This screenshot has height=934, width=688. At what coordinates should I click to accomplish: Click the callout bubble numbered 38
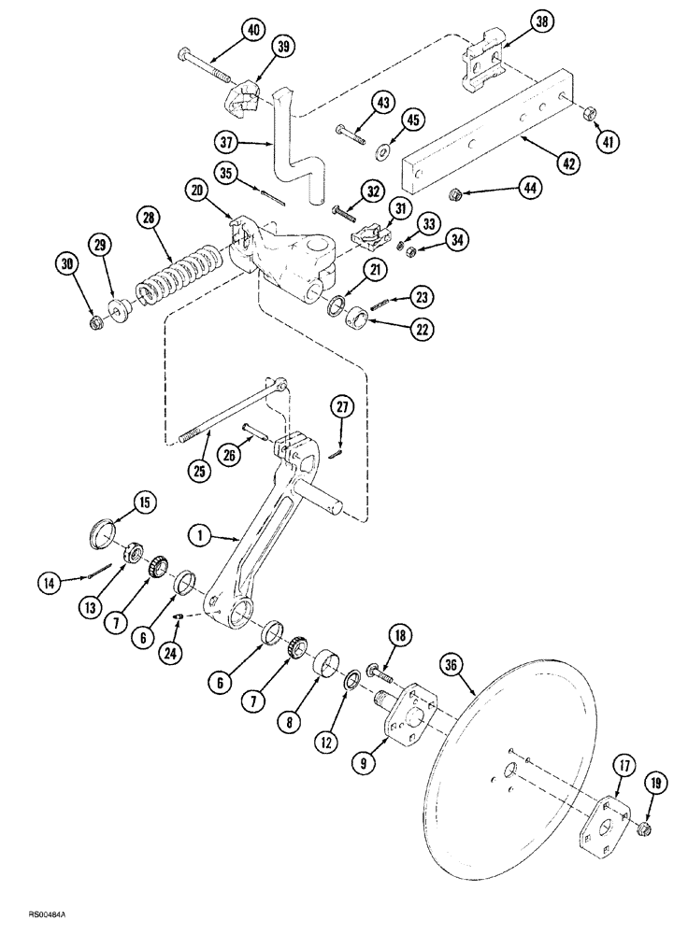518,21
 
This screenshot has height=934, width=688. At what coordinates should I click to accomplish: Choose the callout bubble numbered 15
144,502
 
